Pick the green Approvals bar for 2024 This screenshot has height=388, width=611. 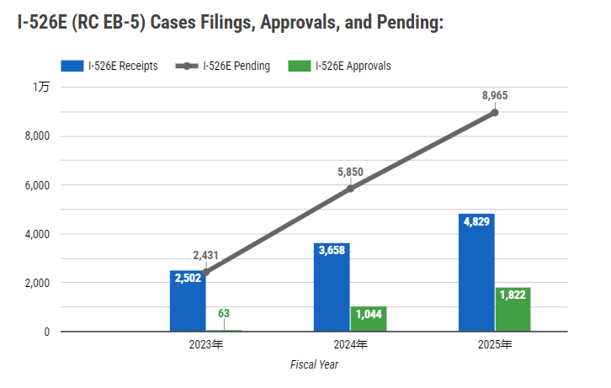[x=368, y=319]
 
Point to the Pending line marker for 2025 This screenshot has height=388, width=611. [x=495, y=112]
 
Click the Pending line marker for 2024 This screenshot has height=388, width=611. [x=350, y=189]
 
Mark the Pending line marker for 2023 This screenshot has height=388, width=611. [x=206, y=272]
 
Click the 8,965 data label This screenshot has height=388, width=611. [x=495, y=96]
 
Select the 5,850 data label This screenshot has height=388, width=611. [x=350, y=173]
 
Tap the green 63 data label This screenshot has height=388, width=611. [x=224, y=314]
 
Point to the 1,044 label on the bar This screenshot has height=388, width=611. [x=368, y=314]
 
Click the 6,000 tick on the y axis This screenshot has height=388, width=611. [x=36, y=185]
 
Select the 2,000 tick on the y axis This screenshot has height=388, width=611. [x=36, y=283]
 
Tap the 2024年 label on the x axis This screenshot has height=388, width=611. [x=350, y=345]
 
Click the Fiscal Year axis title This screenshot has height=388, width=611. [x=314, y=365]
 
